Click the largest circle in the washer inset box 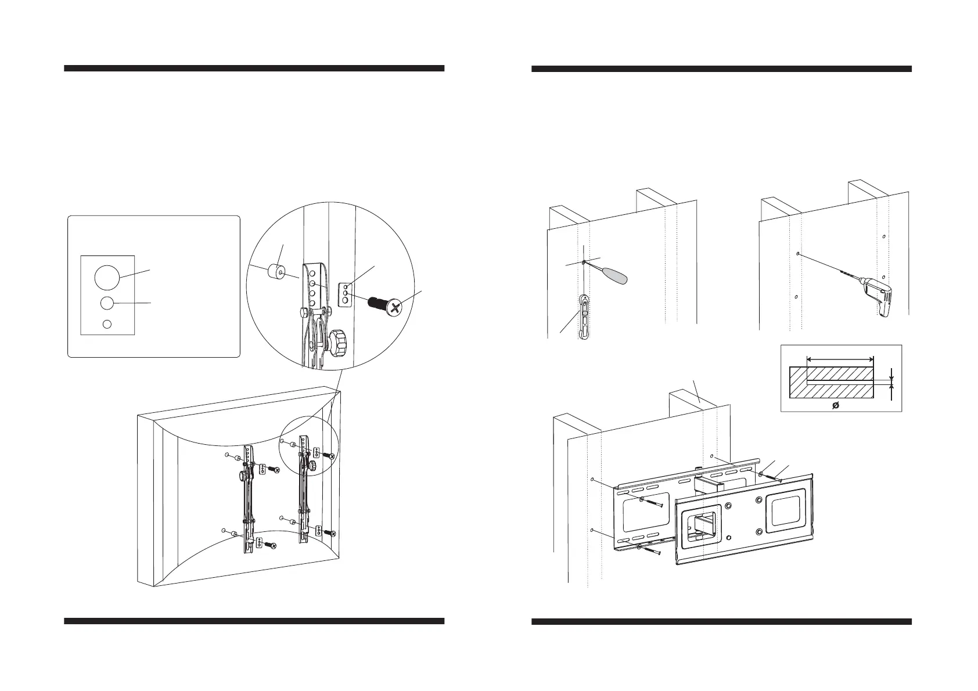coord(106,278)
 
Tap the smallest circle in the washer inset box coord(106,324)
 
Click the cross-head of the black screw coord(395,308)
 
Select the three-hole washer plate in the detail coord(345,294)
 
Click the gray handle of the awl coord(616,276)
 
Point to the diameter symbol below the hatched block coord(836,404)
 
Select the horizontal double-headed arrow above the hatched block coord(840,359)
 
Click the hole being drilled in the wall coord(800,254)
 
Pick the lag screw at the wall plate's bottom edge coord(650,550)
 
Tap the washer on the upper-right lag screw coord(761,474)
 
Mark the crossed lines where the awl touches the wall coord(583,262)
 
